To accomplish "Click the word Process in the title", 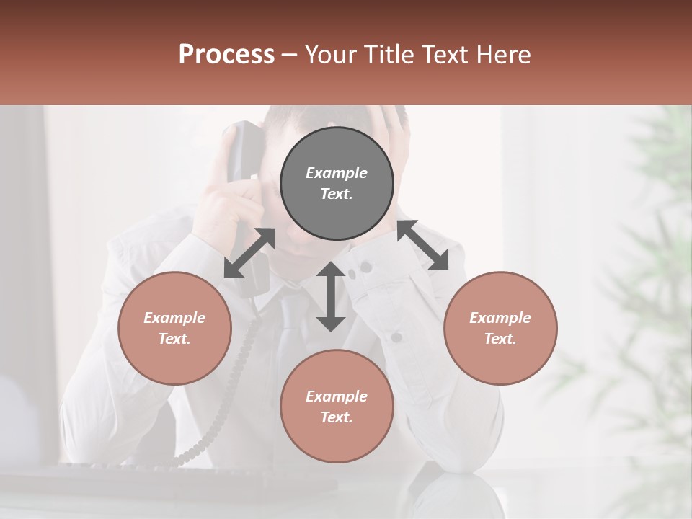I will pyautogui.click(x=226, y=55).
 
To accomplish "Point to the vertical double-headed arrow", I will pyautogui.click(x=331, y=296).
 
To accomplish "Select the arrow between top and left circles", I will pyautogui.click(x=249, y=253).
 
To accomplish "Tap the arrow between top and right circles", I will pyautogui.click(x=422, y=246).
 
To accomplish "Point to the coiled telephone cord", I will pyautogui.click(x=223, y=404).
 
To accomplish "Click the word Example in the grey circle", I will pyautogui.click(x=337, y=173).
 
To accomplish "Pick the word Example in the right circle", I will pyautogui.click(x=500, y=318).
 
